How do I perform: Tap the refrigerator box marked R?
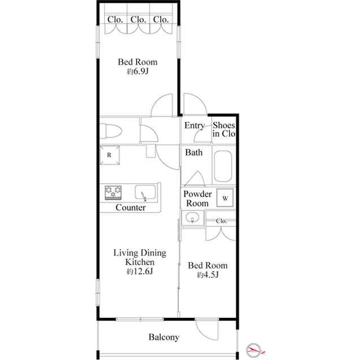coord(109,155)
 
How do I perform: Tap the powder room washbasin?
coord(192,219)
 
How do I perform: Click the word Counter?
coord(131,208)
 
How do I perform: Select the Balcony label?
coord(164,337)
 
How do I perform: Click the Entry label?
coord(195,126)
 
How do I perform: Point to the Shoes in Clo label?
coord(224,130)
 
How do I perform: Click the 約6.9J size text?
coord(137,72)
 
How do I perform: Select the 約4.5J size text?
coord(208,275)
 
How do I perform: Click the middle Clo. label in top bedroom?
coord(138,20)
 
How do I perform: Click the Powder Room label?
coord(197,198)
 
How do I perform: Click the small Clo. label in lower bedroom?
coord(222,221)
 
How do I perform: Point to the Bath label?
coord(194,152)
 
